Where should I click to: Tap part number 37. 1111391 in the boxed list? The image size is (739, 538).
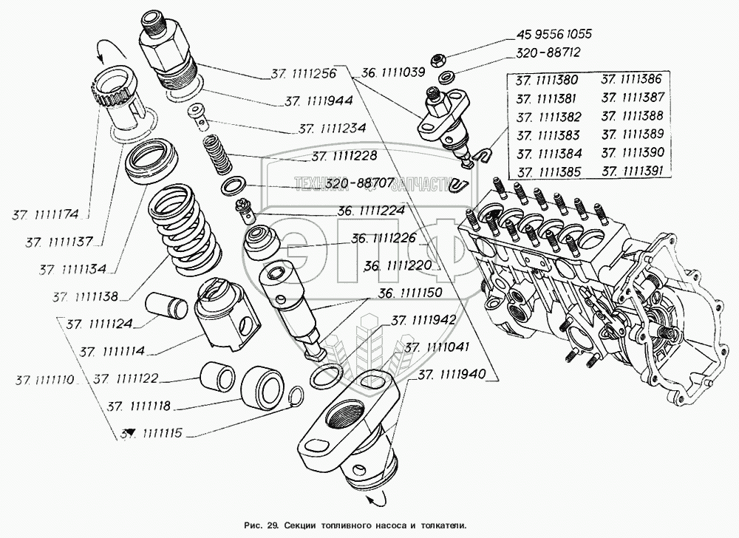coord(633,171)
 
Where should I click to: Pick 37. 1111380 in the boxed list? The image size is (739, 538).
coord(547,80)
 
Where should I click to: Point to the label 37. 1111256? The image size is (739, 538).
coord(304,73)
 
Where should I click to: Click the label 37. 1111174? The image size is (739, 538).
coord(45,215)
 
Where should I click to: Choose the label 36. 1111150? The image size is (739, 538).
coord(410,293)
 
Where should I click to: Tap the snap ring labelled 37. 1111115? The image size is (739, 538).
coord(297,396)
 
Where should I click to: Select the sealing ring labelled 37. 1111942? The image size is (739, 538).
coord(326,375)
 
